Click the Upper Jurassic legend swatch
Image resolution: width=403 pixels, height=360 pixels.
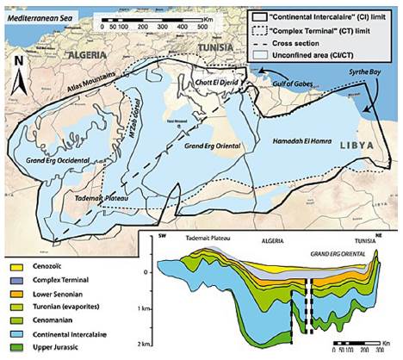click(15, 347)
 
